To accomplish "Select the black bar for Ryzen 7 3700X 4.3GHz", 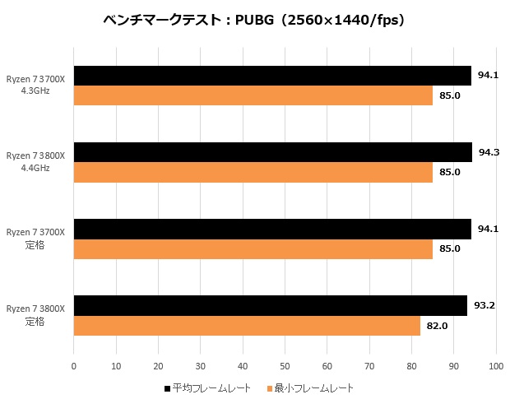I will pos(272,76).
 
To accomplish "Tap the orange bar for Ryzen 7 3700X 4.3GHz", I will pos(253,96).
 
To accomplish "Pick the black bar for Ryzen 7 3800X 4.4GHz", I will pos(273,152).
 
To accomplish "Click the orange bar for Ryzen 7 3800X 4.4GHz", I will pos(253,173).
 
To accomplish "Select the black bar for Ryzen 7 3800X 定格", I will pos(271,305).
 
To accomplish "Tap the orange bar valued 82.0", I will pos(247,326).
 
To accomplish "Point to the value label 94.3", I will pos(489,152).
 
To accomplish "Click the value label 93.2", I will pos(484,305).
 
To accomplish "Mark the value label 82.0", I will pos(436,326).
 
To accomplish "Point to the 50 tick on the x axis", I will pos(285,366).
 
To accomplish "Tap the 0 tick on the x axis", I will pos(74,366).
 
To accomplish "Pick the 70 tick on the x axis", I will pos(369,366).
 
